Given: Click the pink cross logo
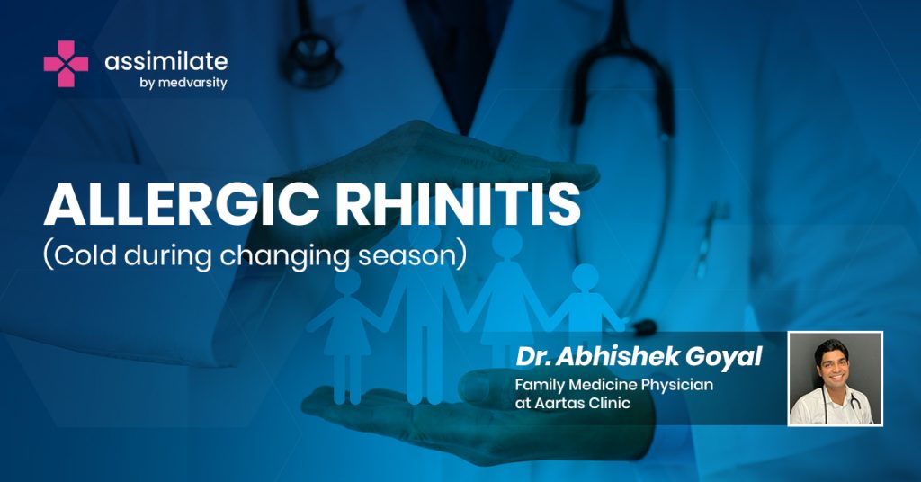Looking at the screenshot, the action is coord(66,64).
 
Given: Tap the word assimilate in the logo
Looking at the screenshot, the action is coord(166,61).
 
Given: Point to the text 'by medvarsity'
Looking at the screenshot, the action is coord(183,83).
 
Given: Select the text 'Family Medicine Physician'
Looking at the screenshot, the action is coord(613,385).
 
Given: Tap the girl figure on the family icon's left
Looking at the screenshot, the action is coord(344,335).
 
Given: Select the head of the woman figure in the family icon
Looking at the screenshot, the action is coord(506,243).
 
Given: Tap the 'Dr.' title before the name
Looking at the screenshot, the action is coord(532,356).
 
